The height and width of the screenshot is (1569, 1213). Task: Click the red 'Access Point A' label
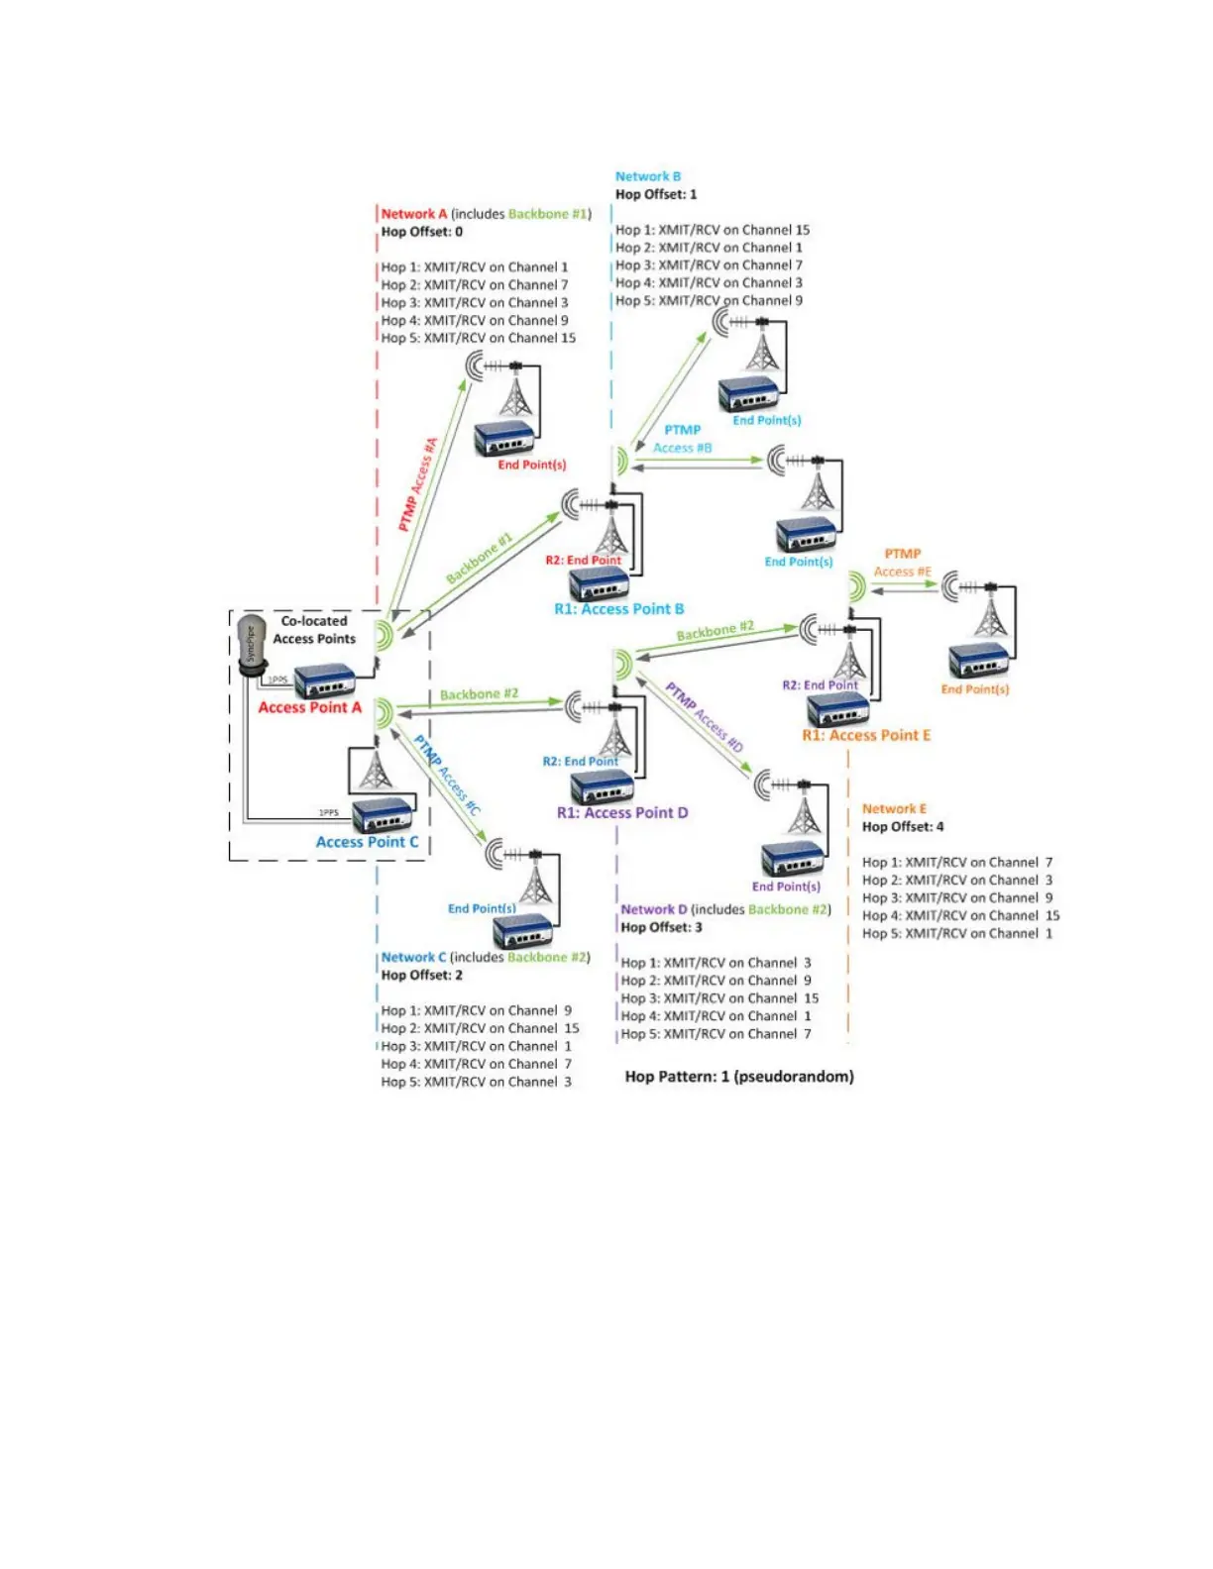(x=309, y=707)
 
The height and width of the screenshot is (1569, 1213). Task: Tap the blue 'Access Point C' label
(x=367, y=842)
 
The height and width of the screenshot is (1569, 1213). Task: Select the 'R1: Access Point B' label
(x=618, y=609)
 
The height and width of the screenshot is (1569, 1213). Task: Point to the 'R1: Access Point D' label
(x=621, y=812)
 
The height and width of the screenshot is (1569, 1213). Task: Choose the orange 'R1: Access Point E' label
(x=866, y=735)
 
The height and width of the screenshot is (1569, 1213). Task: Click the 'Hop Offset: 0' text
(x=421, y=232)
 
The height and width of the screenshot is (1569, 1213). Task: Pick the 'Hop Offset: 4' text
(x=902, y=826)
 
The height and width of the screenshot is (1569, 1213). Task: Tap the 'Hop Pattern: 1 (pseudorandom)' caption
(x=738, y=1076)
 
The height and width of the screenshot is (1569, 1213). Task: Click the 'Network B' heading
(x=647, y=176)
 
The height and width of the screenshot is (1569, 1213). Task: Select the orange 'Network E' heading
(x=894, y=808)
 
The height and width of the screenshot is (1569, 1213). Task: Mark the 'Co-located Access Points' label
(x=314, y=630)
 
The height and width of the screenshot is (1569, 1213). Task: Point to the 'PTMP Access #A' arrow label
(x=418, y=484)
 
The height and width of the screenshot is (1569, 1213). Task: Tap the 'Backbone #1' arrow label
(x=479, y=559)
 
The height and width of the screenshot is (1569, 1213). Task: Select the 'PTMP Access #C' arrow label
(x=447, y=776)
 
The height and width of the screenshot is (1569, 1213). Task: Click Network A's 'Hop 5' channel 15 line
(x=478, y=338)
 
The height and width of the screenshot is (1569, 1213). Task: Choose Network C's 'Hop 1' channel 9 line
(x=476, y=1010)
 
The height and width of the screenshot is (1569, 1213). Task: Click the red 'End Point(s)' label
(x=531, y=465)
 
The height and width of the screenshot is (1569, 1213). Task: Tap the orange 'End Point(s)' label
(x=974, y=689)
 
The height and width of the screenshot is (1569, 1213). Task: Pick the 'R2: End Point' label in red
(x=583, y=561)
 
